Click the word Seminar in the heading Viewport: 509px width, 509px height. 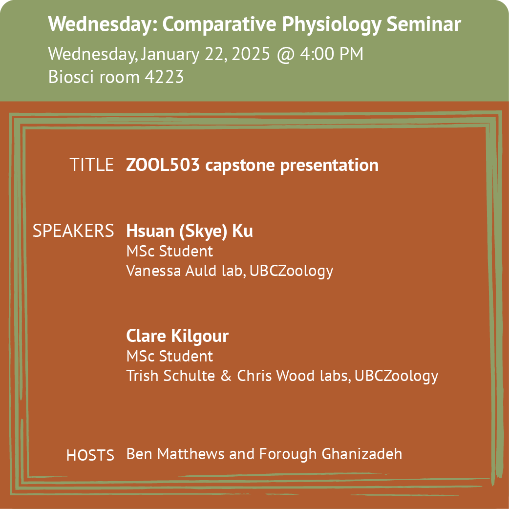[x=424, y=24]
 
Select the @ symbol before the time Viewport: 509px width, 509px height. [x=286, y=54]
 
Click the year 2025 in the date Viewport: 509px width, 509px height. [x=251, y=54]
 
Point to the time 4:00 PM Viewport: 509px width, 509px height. [x=331, y=54]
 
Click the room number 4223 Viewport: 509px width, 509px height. [x=164, y=77]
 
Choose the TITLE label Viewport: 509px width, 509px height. [x=91, y=165]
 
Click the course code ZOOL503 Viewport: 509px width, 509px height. [x=163, y=165]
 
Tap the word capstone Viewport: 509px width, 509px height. [x=240, y=166]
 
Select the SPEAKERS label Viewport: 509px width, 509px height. [x=73, y=231]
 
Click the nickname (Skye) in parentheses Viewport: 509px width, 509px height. [x=203, y=232]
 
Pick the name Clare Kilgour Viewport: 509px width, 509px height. [x=177, y=336]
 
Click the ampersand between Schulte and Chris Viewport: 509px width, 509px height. [x=226, y=376]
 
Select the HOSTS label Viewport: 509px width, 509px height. [x=90, y=455]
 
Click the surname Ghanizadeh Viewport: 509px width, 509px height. [x=361, y=454]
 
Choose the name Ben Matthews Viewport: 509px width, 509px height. [x=175, y=454]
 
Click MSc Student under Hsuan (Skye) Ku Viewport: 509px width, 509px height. [x=170, y=251]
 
